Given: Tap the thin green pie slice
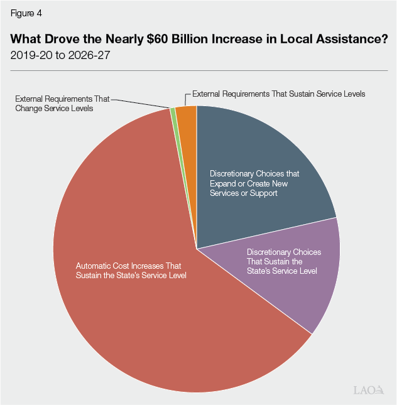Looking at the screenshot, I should pos(173,112).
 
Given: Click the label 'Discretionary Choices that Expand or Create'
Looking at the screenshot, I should pos(254,183).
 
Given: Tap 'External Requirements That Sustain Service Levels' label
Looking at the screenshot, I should pos(278,94).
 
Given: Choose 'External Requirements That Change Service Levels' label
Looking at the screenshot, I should pos(62,104).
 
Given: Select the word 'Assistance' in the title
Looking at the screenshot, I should pos(347,38).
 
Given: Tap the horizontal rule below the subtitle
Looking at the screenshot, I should pos(198,70).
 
